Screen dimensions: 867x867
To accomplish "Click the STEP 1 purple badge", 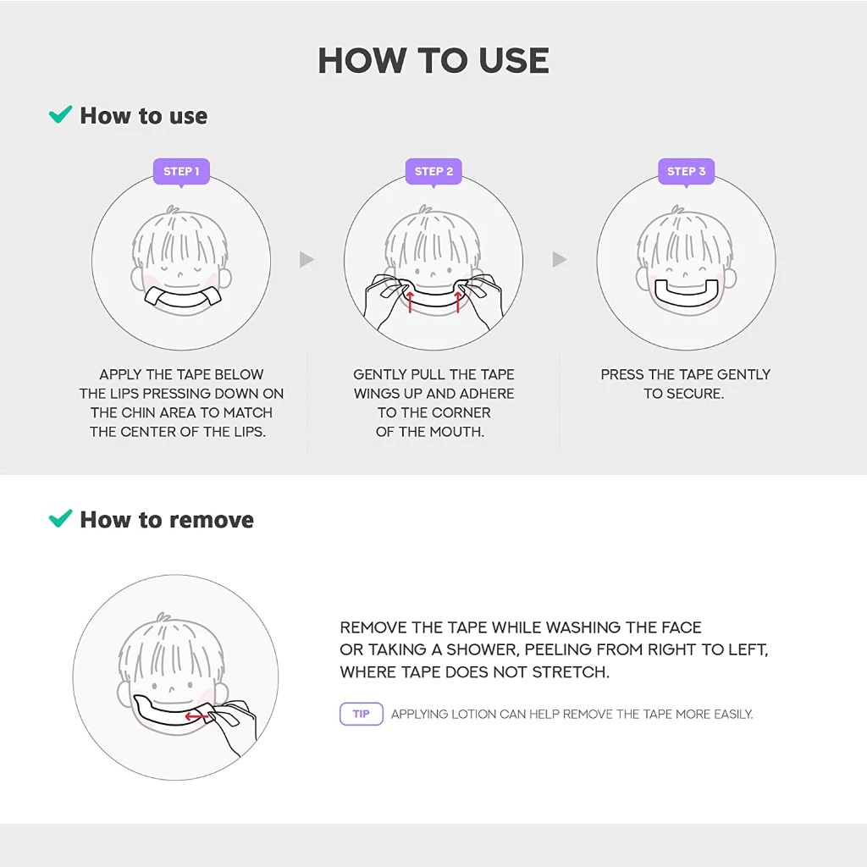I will pyautogui.click(x=181, y=171).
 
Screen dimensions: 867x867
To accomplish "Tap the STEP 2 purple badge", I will pyautogui.click(x=433, y=171).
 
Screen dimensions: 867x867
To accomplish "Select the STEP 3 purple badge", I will pyautogui.click(x=686, y=171).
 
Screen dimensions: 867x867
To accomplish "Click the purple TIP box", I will pyautogui.click(x=362, y=714).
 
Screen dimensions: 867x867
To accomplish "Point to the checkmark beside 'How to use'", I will pyautogui.click(x=60, y=114).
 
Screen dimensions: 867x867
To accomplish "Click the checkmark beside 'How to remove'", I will pyautogui.click(x=60, y=517).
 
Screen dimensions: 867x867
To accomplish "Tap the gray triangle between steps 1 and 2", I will pyautogui.click(x=306, y=259).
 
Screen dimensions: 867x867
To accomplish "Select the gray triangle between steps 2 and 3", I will pyautogui.click(x=559, y=259).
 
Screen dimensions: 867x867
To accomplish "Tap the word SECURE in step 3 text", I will pyautogui.click(x=696, y=394).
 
